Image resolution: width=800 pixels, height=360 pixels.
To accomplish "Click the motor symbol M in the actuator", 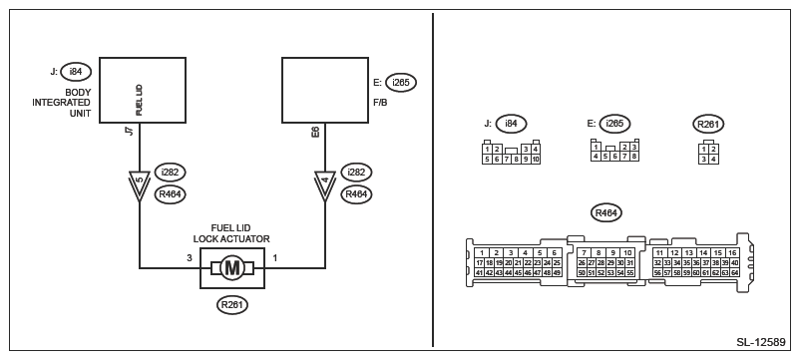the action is (x=232, y=268).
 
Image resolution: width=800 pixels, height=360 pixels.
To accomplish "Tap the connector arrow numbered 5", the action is (x=140, y=182).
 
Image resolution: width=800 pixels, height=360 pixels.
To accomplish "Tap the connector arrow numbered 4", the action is (x=325, y=182).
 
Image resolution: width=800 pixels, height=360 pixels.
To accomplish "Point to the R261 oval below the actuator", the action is (x=232, y=305).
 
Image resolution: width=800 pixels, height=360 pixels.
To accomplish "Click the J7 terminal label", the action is (x=131, y=131).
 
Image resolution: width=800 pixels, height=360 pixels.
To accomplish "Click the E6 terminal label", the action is (x=316, y=131).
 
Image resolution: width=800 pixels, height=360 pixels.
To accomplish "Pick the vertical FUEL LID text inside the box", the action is (x=140, y=100).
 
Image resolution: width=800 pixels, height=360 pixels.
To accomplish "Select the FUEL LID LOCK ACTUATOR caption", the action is (x=231, y=233).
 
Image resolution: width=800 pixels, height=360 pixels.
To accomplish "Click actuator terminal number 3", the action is (x=190, y=258).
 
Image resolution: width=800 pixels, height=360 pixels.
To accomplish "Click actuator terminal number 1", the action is (x=275, y=258).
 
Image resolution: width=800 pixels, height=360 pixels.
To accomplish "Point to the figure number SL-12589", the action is (x=761, y=342).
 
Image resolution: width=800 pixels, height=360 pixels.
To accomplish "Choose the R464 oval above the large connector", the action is (x=606, y=212).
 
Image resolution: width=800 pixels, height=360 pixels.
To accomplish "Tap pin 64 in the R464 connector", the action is (x=735, y=273).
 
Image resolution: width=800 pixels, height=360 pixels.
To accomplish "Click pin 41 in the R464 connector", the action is (x=479, y=273).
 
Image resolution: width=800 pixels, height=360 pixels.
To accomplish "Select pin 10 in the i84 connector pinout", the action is (x=536, y=160).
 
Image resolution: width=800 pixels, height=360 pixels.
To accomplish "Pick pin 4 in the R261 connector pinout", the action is (x=713, y=160).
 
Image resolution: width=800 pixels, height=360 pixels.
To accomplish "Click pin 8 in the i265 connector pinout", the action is (x=634, y=156).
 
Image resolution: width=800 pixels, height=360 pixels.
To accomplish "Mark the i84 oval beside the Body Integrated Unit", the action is (x=75, y=72).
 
